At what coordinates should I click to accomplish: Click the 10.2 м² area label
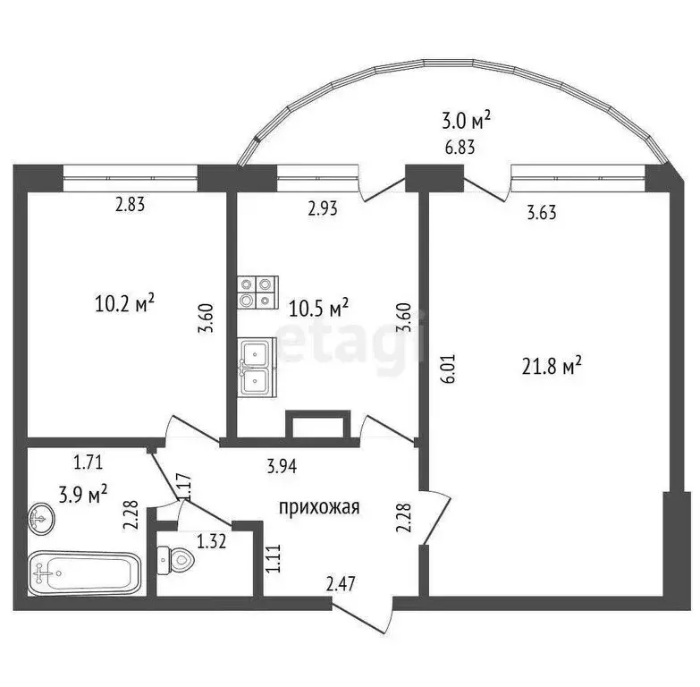pyautogui.click(x=124, y=304)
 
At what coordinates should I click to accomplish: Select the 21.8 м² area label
pyautogui.click(x=552, y=365)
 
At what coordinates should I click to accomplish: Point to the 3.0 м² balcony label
pyautogui.click(x=467, y=120)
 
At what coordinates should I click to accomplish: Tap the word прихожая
pyautogui.click(x=319, y=508)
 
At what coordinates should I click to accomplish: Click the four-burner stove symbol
pyautogui.click(x=257, y=293)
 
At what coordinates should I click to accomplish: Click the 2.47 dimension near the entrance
pyautogui.click(x=342, y=586)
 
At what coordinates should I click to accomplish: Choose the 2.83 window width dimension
pyautogui.click(x=130, y=205)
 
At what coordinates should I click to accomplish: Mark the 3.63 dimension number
pyautogui.click(x=543, y=214)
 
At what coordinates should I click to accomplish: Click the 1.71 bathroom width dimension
pyautogui.click(x=88, y=462)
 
